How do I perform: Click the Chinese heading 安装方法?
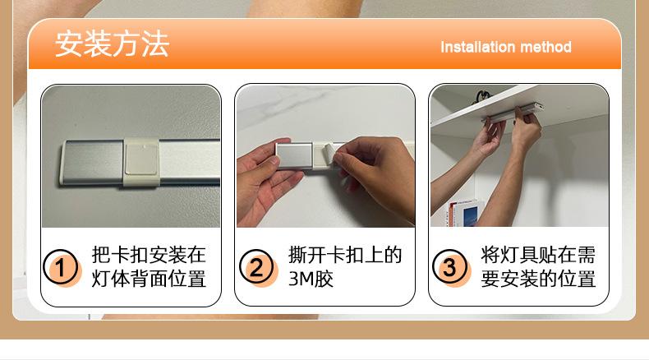point(113,44)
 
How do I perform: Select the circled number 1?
point(61,267)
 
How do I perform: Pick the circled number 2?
point(256,267)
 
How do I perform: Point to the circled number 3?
point(449,267)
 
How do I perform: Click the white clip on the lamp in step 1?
point(141,162)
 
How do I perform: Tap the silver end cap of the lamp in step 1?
point(92,162)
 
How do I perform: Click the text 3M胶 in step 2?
point(311,279)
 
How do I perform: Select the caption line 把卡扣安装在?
point(149,254)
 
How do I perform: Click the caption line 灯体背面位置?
point(149,279)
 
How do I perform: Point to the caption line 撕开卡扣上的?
point(345,254)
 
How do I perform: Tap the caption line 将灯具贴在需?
point(538,254)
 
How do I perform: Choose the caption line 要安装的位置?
point(538,279)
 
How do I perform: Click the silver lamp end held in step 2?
point(295,156)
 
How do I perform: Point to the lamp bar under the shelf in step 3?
point(513,113)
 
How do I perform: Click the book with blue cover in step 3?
point(470,214)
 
